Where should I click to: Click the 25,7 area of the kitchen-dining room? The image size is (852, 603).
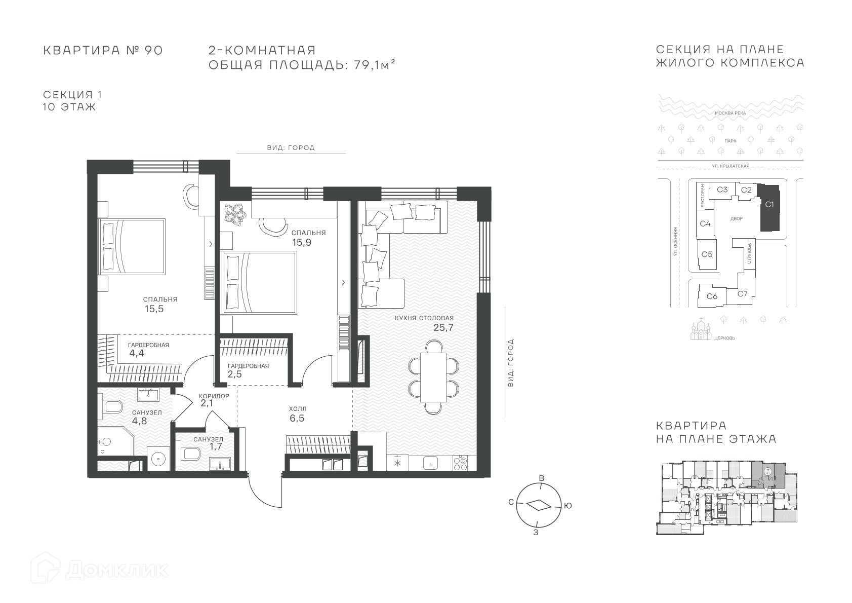point(443,327)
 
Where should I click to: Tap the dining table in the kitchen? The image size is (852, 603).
point(433,378)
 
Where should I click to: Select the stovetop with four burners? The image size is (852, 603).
point(460,463)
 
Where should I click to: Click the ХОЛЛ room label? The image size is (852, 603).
point(298,409)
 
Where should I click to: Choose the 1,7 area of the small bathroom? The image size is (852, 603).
point(216,446)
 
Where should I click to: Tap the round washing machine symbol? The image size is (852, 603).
point(158,459)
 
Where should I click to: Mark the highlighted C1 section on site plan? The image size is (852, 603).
point(769,208)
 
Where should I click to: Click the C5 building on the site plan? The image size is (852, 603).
point(707,254)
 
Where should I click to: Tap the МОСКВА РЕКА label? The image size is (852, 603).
point(731,113)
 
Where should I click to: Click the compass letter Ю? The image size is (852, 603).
point(567,506)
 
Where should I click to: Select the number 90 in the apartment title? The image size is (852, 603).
point(153,50)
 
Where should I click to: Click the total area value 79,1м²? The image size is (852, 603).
point(375,65)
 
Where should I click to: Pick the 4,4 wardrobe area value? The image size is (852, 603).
point(137,353)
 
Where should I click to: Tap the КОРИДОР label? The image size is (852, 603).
point(214,396)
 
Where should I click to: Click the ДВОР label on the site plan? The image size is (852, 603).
point(737,219)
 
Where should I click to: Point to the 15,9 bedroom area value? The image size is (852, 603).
point(302,243)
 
